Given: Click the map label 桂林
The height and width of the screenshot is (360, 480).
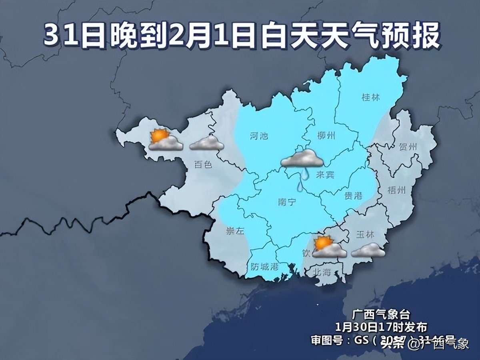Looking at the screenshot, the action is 370,97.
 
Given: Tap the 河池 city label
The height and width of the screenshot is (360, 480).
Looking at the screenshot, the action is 258,136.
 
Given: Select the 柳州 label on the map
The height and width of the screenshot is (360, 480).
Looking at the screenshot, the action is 325,135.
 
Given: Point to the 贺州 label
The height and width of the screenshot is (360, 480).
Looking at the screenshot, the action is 408,147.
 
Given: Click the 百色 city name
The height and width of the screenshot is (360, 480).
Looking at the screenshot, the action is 202,164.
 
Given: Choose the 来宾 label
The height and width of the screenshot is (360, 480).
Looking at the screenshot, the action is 324,175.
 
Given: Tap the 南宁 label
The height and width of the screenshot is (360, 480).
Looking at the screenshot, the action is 286,202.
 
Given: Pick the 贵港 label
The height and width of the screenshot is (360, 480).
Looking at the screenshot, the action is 353,196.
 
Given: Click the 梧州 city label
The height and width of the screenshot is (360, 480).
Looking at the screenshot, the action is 397,190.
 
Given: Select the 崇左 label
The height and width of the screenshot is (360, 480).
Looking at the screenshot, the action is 235,231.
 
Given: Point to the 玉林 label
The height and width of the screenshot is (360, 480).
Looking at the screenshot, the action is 365,235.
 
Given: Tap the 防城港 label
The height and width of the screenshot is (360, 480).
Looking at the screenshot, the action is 264,266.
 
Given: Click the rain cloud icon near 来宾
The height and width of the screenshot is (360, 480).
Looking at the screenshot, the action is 302,158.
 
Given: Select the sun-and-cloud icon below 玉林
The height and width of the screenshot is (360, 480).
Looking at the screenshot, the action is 329,248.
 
